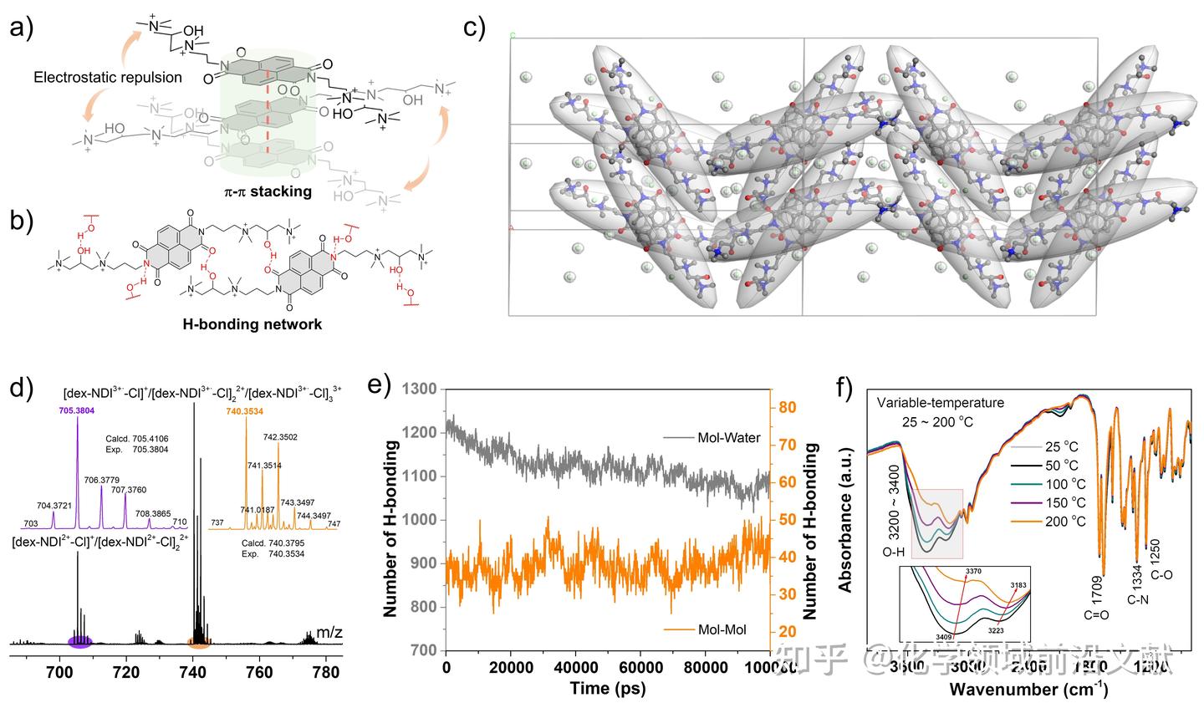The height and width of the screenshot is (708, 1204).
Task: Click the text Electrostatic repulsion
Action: pos(108,78)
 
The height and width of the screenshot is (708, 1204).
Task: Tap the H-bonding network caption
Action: pos(252,324)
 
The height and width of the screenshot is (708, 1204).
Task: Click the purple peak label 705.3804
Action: pos(77,410)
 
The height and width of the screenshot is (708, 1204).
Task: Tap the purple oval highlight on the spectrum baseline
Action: pos(79,642)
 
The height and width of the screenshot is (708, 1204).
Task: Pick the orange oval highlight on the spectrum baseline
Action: pos(199,642)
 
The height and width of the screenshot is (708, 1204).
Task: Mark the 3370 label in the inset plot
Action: pos(973,571)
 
